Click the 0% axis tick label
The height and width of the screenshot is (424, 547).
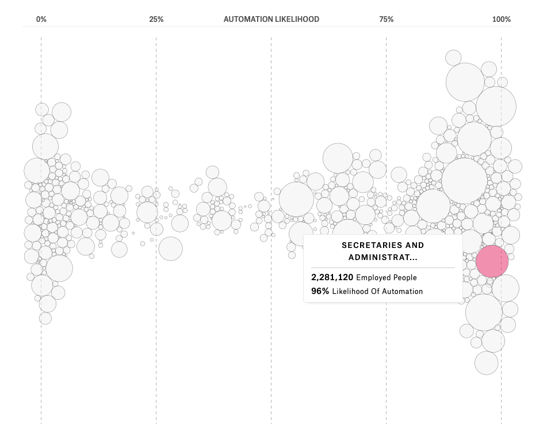[x=41, y=19]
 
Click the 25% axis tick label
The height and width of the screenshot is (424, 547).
[x=156, y=19]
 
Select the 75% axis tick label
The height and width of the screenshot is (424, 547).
[x=386, y=19]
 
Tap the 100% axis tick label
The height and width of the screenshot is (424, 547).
[x=501, y=19]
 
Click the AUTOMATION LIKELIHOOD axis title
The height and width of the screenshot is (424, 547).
[x=271, y=19]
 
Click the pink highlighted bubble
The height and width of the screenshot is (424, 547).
[x=492, y=262]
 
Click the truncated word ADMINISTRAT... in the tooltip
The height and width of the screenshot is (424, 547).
[x=383, y=257]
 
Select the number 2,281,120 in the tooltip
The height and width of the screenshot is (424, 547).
[x=332, y=277]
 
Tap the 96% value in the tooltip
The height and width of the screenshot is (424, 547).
[x=320, y=291]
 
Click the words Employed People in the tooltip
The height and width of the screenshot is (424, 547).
[x=387, y=278]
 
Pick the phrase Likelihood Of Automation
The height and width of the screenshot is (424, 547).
[x=377, y=292]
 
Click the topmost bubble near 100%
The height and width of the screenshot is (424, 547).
[x=453, y=58]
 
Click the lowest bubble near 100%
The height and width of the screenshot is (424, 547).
[x=487, y=363]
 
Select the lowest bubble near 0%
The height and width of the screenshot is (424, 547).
[x=45, y=318]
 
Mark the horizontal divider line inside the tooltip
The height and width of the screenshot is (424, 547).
[x=383, y=268]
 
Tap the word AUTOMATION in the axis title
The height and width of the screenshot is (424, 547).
[x=248, y=19]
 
